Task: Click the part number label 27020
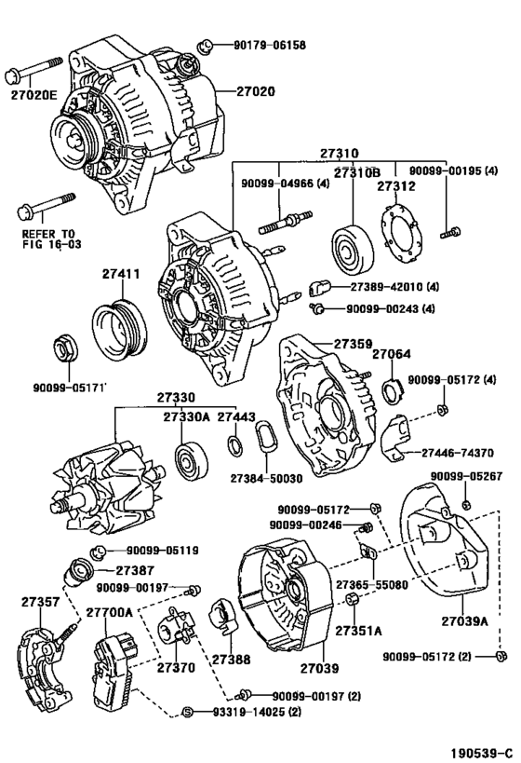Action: (256, 91)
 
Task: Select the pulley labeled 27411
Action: (121, 324)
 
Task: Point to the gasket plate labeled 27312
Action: (400, 235)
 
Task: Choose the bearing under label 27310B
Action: (353, 250)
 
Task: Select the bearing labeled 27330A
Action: (191, 460)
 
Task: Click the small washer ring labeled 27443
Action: (235, 446)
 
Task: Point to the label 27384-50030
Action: (266, 478)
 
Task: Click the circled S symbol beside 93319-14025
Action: (188, 712)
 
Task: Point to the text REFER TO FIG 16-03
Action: (51, 238)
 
